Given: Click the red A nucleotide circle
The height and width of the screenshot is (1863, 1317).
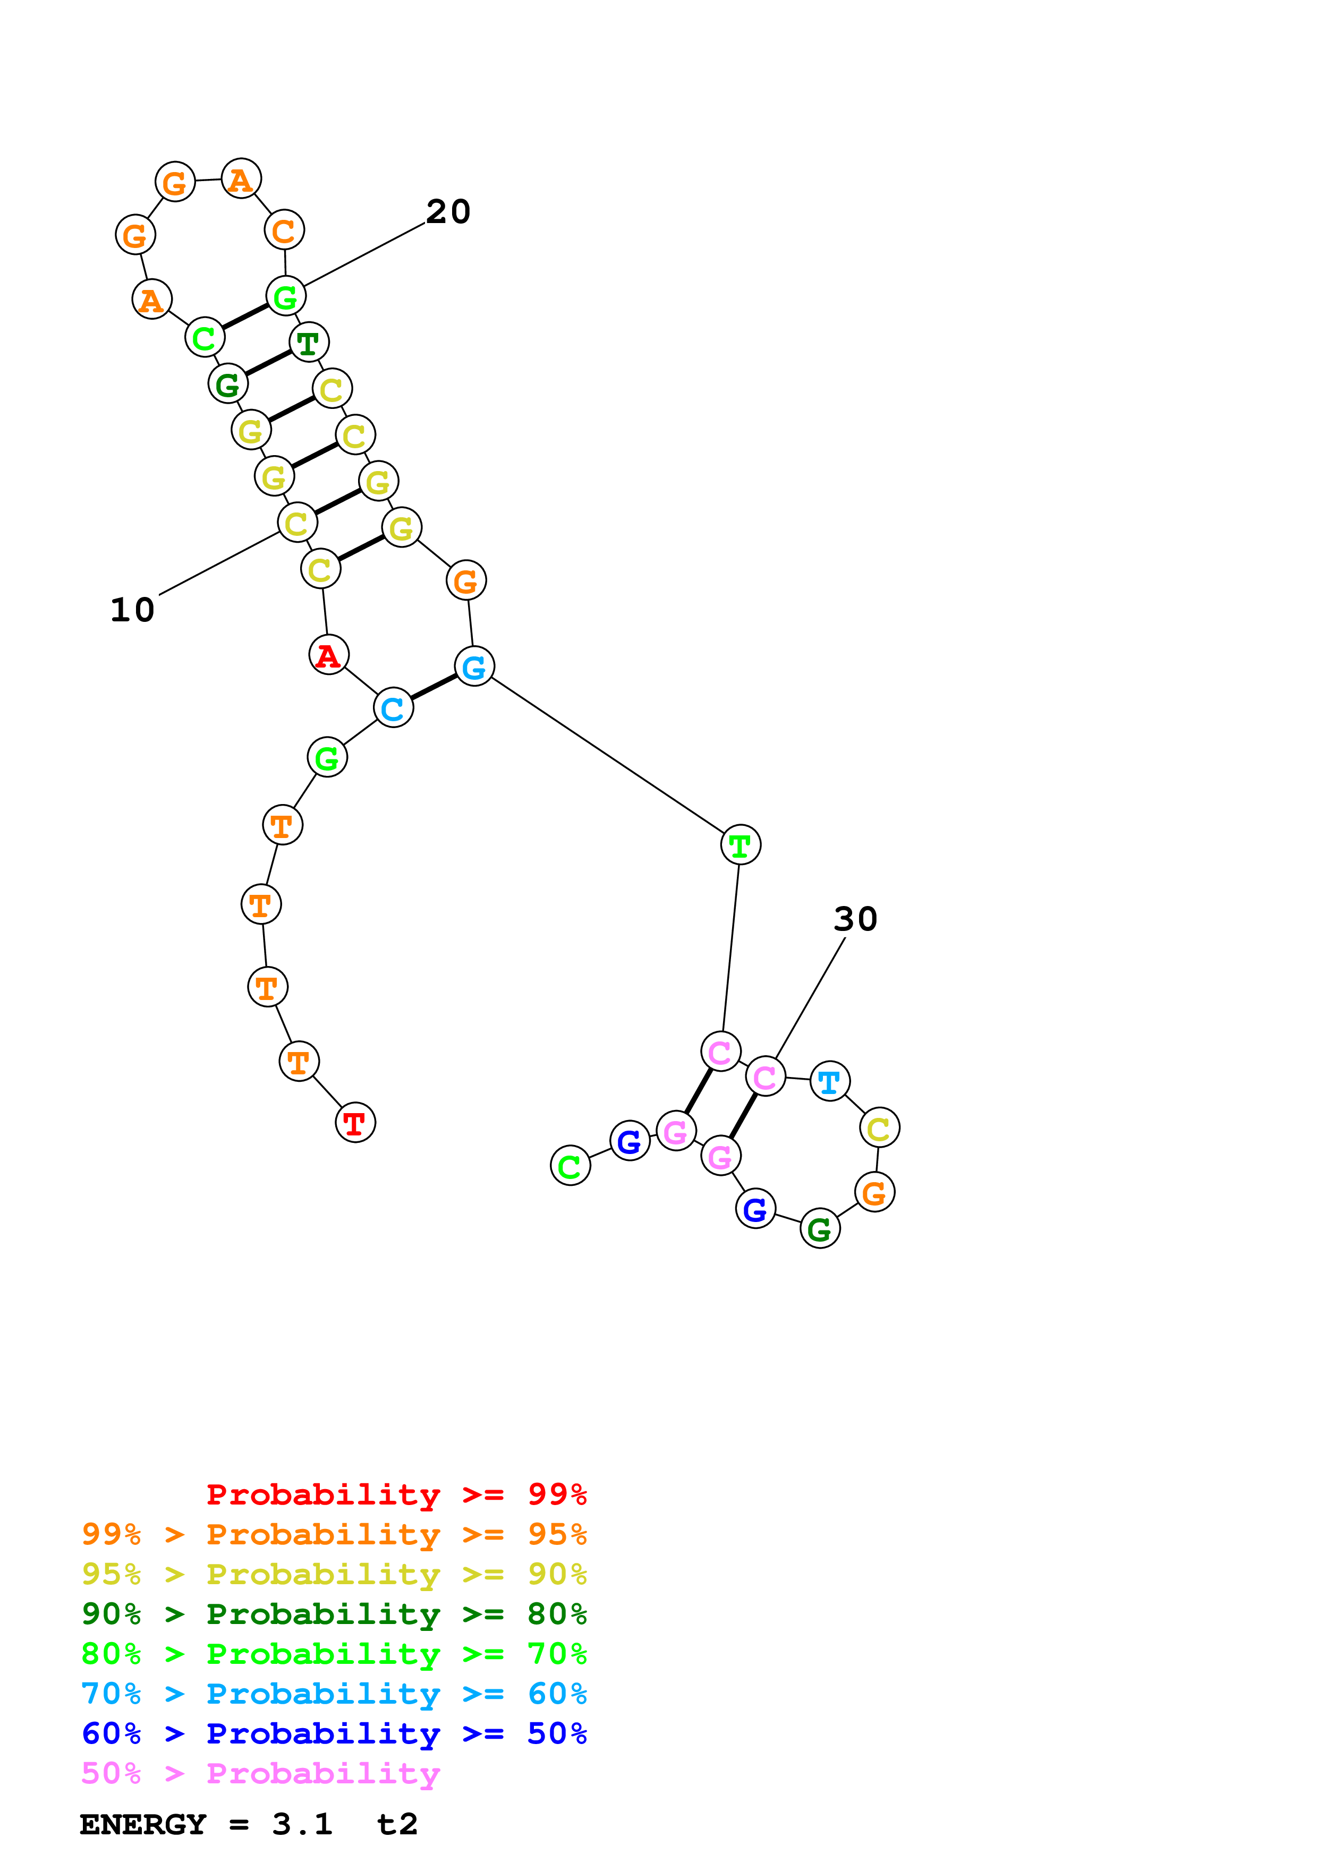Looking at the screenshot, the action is (x=329, y=655).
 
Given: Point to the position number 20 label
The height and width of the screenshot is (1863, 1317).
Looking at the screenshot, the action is (x=448, y=212).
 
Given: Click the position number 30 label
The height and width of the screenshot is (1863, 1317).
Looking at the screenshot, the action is (x=855, y=919).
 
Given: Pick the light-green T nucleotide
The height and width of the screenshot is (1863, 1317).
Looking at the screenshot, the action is (x=740, y=845).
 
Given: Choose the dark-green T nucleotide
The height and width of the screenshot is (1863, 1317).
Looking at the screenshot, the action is (x=308, y=343).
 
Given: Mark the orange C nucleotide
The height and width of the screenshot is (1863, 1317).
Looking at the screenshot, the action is (x=284, y=231).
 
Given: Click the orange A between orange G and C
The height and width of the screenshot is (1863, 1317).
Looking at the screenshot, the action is (x=241, y=180).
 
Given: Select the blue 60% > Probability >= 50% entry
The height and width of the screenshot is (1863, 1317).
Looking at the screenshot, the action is (x=334, y=1733).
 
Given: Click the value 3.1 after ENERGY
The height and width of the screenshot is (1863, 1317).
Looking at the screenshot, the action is (x=302, y=1824).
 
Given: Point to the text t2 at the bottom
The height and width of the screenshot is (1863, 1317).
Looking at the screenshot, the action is (x=397, y=1824).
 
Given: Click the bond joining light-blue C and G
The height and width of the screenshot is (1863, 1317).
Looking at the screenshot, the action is (x=434, y=687).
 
